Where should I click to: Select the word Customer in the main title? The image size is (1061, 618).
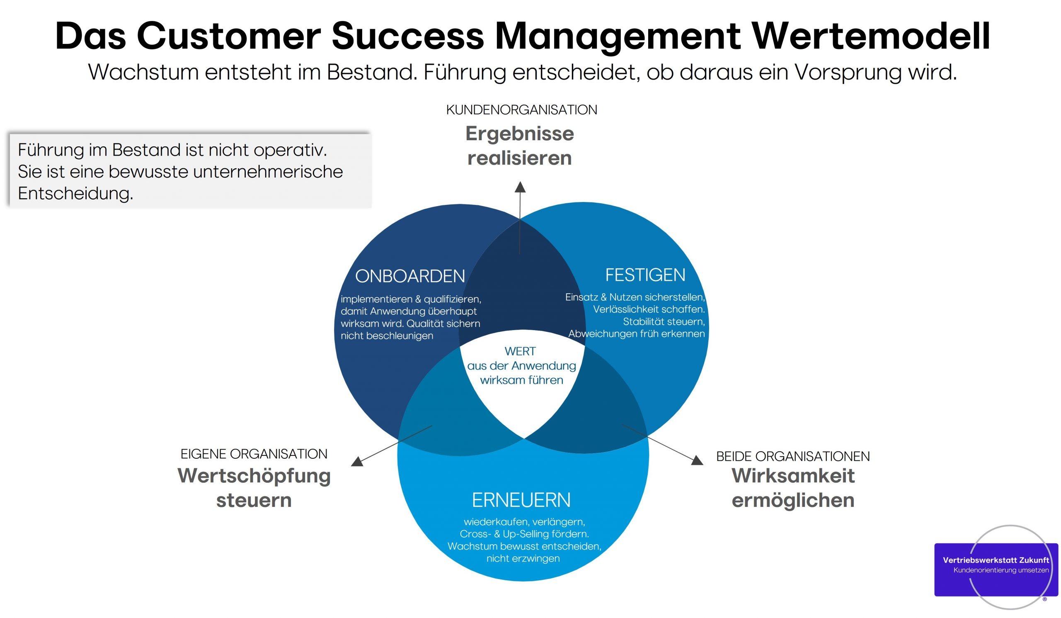click(x=228, y=36)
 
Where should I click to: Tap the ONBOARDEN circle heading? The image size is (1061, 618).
click(x=409, y=276)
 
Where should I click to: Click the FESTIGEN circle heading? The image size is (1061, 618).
click(x=645, y=275)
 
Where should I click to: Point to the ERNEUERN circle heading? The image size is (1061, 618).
click(x=521, y=500)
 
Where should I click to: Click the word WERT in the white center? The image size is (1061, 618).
click(x=520, y=351)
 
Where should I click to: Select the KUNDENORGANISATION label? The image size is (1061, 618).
click(x=521, y=110)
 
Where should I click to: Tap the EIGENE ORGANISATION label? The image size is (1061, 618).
click(x=254, y=454)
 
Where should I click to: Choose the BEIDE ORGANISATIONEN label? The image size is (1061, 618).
click(x=793, y=456)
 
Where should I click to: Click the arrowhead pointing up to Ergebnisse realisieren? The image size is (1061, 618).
click(x=521, y=187)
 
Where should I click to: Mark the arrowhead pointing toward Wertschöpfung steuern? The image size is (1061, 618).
click(x=357, y=461)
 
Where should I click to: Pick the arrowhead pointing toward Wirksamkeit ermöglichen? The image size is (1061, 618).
click(x=697, y=460)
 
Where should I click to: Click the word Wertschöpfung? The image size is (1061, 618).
click(x=254, y=476)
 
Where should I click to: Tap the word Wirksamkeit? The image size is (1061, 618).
click(x=793, y=476)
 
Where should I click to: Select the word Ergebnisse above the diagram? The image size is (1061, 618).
click(x=520, y=134)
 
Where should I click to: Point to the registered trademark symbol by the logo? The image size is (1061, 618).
click(x=1044, y=599)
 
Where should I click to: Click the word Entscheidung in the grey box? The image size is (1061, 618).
click(x=75, y=193)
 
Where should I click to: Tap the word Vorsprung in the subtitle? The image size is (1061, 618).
click(x=848, y=73)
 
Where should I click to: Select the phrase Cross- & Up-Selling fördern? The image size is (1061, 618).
click(x=524, y=534)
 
